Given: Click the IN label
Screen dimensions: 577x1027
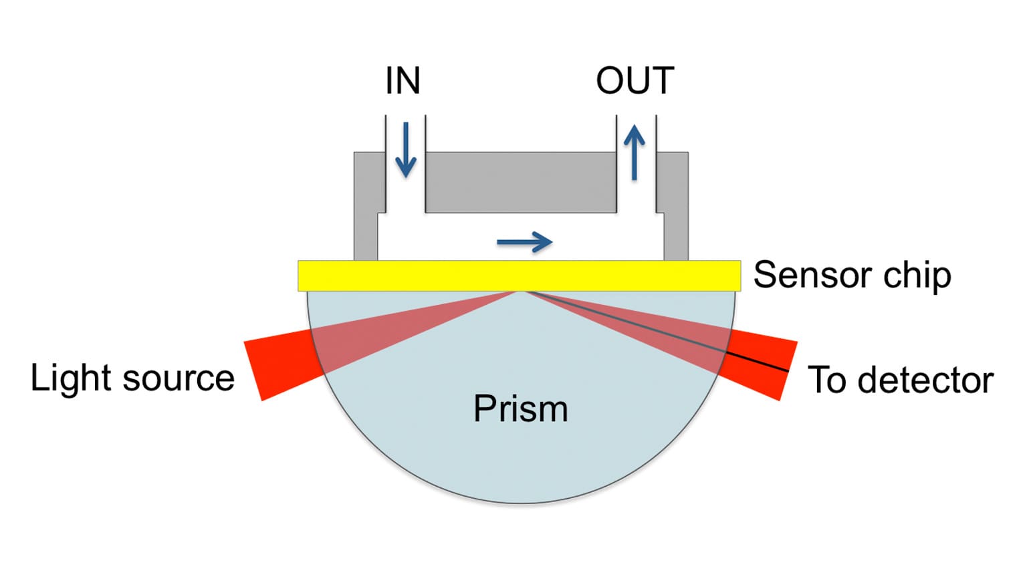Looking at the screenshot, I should pos(403,81).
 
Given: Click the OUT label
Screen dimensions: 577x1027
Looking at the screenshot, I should pos(635,81).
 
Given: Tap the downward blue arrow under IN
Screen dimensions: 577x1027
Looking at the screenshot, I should pos(405,150).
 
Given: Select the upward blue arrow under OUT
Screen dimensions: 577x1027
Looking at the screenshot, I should pos(634,154).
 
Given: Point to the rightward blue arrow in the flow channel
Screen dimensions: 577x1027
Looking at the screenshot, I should pos(524,242).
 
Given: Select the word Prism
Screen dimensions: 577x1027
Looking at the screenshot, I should pos(520,409).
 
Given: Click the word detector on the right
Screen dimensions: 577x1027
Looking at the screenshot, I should pos(925,380).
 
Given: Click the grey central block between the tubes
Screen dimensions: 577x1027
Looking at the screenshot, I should pos(520,182).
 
